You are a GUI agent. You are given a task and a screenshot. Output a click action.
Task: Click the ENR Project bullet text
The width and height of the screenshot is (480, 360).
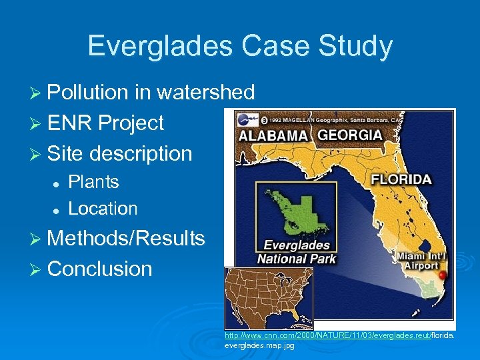point(105,123)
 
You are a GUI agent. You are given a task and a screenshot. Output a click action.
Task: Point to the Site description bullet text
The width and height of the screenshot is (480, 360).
point(119,153)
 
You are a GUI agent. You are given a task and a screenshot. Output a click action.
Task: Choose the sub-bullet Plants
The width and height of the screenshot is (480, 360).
point(93,182)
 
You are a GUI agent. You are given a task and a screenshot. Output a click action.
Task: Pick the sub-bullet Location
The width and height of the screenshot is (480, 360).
point(103,209)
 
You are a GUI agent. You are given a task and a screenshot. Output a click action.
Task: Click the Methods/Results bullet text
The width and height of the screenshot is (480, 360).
point(126,238)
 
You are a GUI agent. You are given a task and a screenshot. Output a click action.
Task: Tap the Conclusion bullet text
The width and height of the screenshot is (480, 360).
point(100,269)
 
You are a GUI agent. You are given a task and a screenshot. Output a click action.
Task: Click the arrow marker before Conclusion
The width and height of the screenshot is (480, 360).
point(37,269)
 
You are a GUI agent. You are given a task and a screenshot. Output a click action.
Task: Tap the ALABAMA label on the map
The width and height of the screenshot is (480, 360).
point(273,135)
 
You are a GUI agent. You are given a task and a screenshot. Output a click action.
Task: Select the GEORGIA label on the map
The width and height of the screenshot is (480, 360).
point(349,135)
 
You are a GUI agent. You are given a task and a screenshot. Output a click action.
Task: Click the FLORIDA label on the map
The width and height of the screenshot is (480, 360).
point(401,179)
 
